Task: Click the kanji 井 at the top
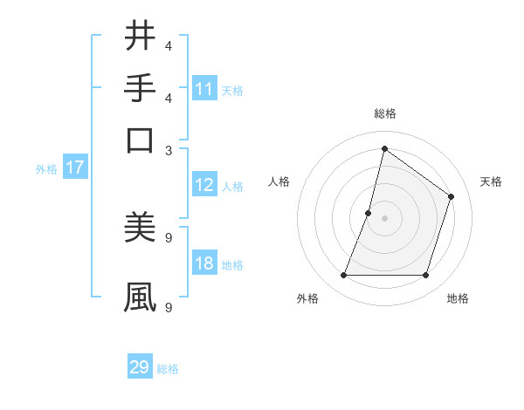(x=141, y=38)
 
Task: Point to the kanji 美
(x=141, y=229)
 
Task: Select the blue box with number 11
(x=204, y=89)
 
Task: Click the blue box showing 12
(x=204, y=185)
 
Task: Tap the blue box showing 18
(x=204, y=263)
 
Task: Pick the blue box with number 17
(x=74, y=168)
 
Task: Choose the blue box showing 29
(x=140, y=367)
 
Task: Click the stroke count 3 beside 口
(x=169, y=149)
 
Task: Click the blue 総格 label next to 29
(x=169, y=369)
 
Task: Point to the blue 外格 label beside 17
(x=46, y=169)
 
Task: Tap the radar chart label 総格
(x=385, y=113)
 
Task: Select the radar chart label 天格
(x=491, y=181)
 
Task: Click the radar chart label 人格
(x=279, y=181)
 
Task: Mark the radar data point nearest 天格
(x=452, y=196)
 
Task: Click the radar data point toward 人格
(x=369, y=213)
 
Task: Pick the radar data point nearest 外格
(x=344, y=276)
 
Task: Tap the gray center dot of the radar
(x=385, y=218)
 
